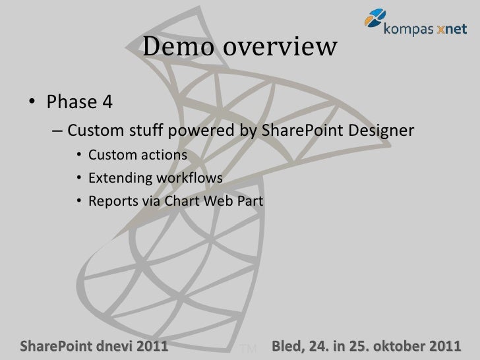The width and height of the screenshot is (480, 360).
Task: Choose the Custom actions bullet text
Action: tap(137, 155)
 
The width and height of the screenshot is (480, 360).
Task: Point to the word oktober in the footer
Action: tap(403, 347)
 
